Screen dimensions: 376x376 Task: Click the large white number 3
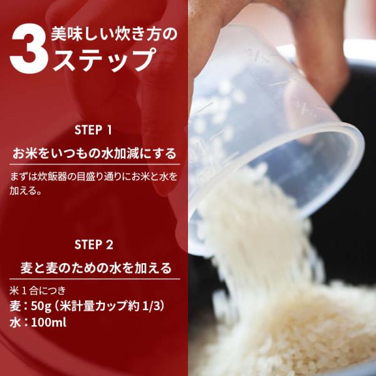[29, 48]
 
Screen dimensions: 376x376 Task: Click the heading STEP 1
[93, 130]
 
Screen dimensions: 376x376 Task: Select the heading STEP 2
[93, 245]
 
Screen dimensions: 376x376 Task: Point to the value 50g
[41, 306]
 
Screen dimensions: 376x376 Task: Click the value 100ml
[49, 323]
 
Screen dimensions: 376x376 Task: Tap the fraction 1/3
[151, 306]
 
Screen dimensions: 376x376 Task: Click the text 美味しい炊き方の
[114, 34]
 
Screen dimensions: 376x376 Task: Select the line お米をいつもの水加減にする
[95, 154]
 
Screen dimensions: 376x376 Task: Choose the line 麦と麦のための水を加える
[96, 268]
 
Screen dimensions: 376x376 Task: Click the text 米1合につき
[38, 290]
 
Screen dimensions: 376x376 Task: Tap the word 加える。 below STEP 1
[26, 191]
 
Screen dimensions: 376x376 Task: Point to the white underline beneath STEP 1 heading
[95, 164]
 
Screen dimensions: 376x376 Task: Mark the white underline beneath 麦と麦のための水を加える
[95, 279]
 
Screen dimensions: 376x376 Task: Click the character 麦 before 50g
[15, 306]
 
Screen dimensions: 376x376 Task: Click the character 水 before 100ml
[15, 323]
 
